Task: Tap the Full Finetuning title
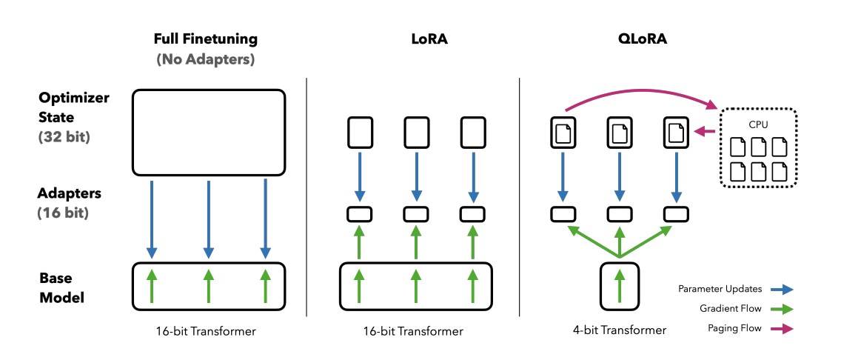tap(205, 39)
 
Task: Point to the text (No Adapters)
tap(205, 59)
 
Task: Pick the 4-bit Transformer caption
tap(620, 330)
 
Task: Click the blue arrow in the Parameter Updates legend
tap(781, 290)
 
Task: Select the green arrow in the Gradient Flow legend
tap(781, 309)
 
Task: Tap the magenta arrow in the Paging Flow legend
tap(781, 329)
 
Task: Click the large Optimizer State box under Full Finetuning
tap(209, 132)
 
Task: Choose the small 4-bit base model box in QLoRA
tap(620, 286)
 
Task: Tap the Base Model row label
tap(61, 288)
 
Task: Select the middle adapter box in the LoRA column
tap(415, 214)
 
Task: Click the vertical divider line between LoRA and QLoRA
tap(520, 197)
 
